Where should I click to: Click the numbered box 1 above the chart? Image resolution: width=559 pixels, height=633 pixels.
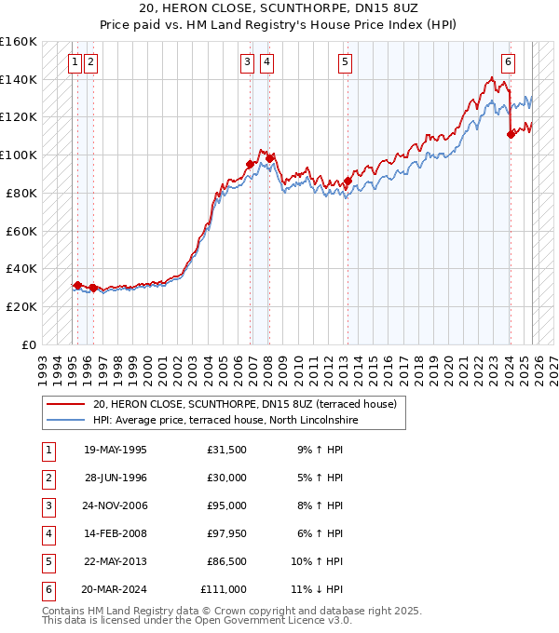(74, 62)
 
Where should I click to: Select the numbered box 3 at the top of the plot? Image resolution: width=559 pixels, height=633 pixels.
(247, 62)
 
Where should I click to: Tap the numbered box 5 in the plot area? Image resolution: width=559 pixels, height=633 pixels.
(345, 62)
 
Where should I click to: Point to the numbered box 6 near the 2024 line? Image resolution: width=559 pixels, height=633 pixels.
(508, 62)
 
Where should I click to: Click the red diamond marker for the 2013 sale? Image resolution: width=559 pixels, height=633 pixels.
(348, 181)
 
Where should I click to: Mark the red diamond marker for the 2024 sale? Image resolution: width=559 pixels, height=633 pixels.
(511, 134)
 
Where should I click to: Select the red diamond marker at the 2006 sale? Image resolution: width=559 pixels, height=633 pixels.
(250, 165)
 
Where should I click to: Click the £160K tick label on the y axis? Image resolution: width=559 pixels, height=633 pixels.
(19, 42)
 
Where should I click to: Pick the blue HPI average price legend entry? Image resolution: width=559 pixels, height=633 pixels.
(225, 420)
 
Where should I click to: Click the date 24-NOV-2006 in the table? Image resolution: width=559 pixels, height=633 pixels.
(115, 506)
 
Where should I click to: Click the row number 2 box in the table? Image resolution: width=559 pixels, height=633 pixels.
(48, 478)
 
